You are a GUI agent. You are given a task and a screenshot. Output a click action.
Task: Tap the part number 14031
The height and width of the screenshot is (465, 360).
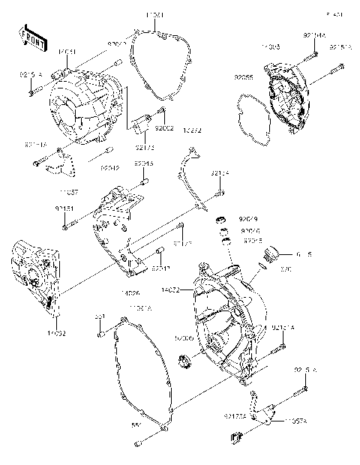(x=67, y=51)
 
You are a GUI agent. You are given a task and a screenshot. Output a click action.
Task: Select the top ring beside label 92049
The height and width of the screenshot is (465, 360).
(x=221, y=219)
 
